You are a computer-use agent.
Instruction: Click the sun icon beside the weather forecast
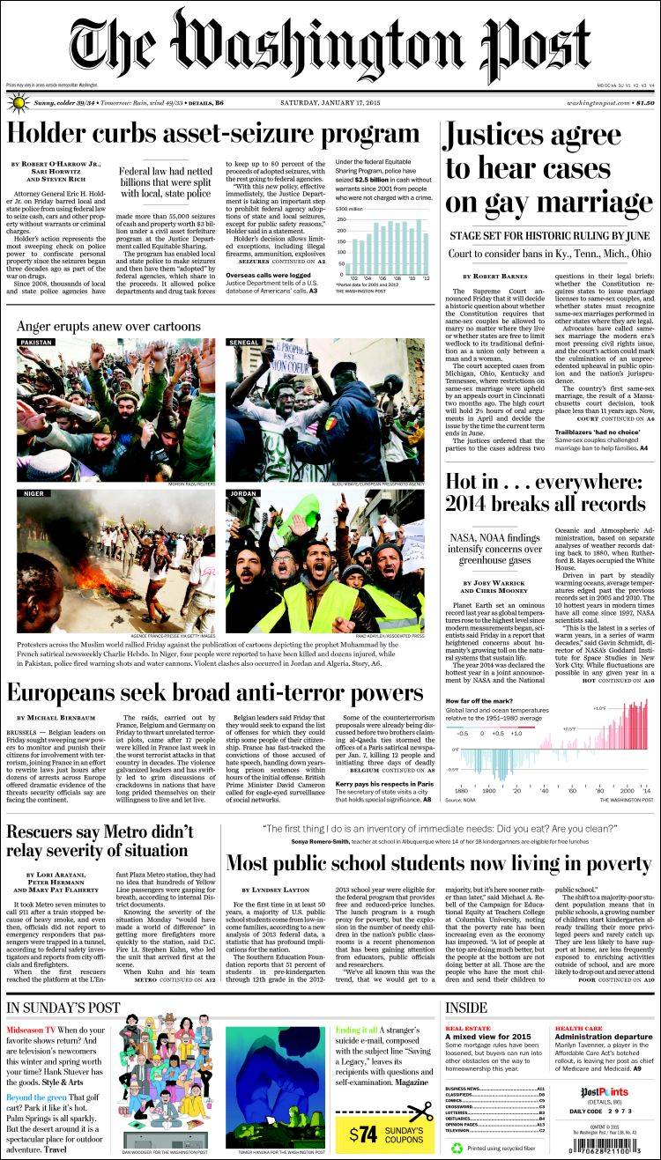tap(17, 103)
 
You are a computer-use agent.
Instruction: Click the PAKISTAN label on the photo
tap(36, 342)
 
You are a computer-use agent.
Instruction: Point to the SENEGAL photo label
tap(244, 342)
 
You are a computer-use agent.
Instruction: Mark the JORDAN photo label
tap(242, 494)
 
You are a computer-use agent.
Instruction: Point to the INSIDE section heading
tap(466, 1008)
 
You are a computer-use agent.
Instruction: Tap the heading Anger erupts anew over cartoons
tap(108, 327)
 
